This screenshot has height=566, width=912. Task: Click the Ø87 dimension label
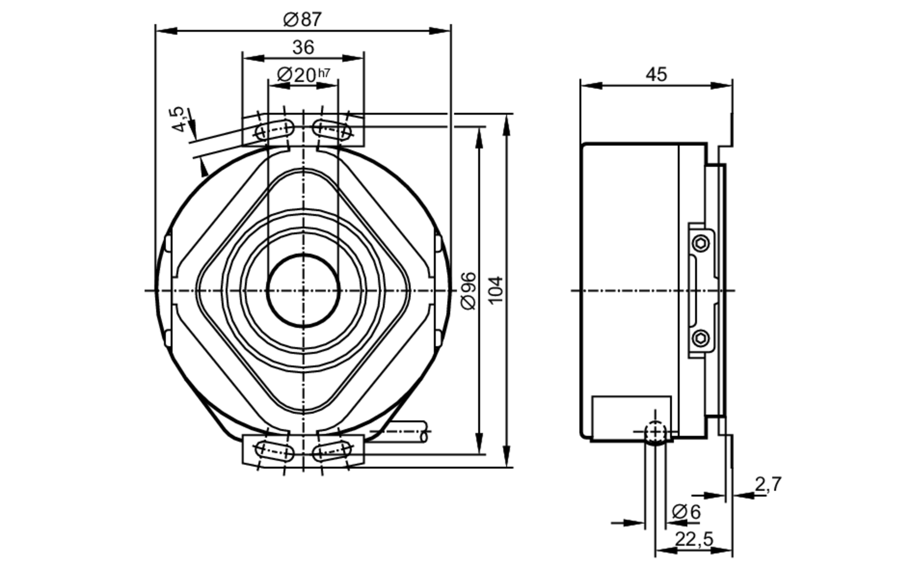pos(302,20)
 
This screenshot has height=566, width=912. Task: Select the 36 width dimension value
pos(303,47)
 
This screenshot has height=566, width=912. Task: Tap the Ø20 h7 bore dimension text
pos(303,75)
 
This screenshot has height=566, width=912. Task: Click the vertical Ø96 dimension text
pos(469,291)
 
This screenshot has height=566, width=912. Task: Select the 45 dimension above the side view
pos(656,74)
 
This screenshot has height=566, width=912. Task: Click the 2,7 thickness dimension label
pos(768,484)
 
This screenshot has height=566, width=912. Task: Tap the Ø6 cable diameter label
pos(686,512)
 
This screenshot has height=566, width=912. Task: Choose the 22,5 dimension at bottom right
pos(694,539)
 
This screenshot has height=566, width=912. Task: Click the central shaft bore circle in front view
pos(303,291)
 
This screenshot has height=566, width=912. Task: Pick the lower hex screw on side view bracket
pos(701,338)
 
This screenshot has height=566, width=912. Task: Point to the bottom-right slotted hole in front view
pos(332,451)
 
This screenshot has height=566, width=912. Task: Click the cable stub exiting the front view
pos(406,431)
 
